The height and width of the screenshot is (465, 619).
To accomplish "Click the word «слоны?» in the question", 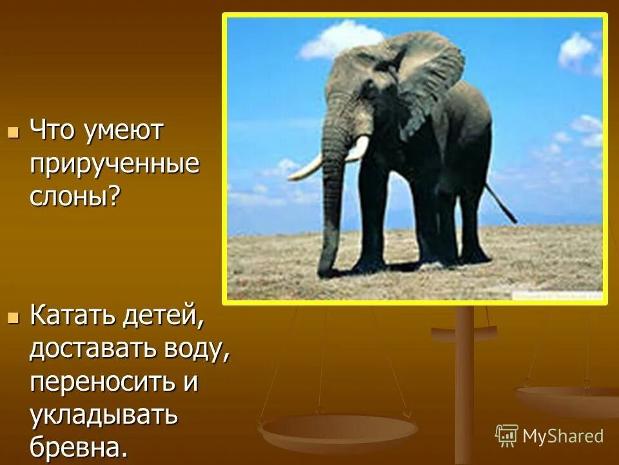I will click(75, 196).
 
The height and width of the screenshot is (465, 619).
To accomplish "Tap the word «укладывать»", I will click(103, 415).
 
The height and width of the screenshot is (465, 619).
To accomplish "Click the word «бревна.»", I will click(79, 447).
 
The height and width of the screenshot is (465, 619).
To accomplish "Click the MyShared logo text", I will click(563, 436).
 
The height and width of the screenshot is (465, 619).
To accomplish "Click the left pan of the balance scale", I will click(337, 429).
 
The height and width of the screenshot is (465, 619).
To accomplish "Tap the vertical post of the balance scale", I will click(464, 387).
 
